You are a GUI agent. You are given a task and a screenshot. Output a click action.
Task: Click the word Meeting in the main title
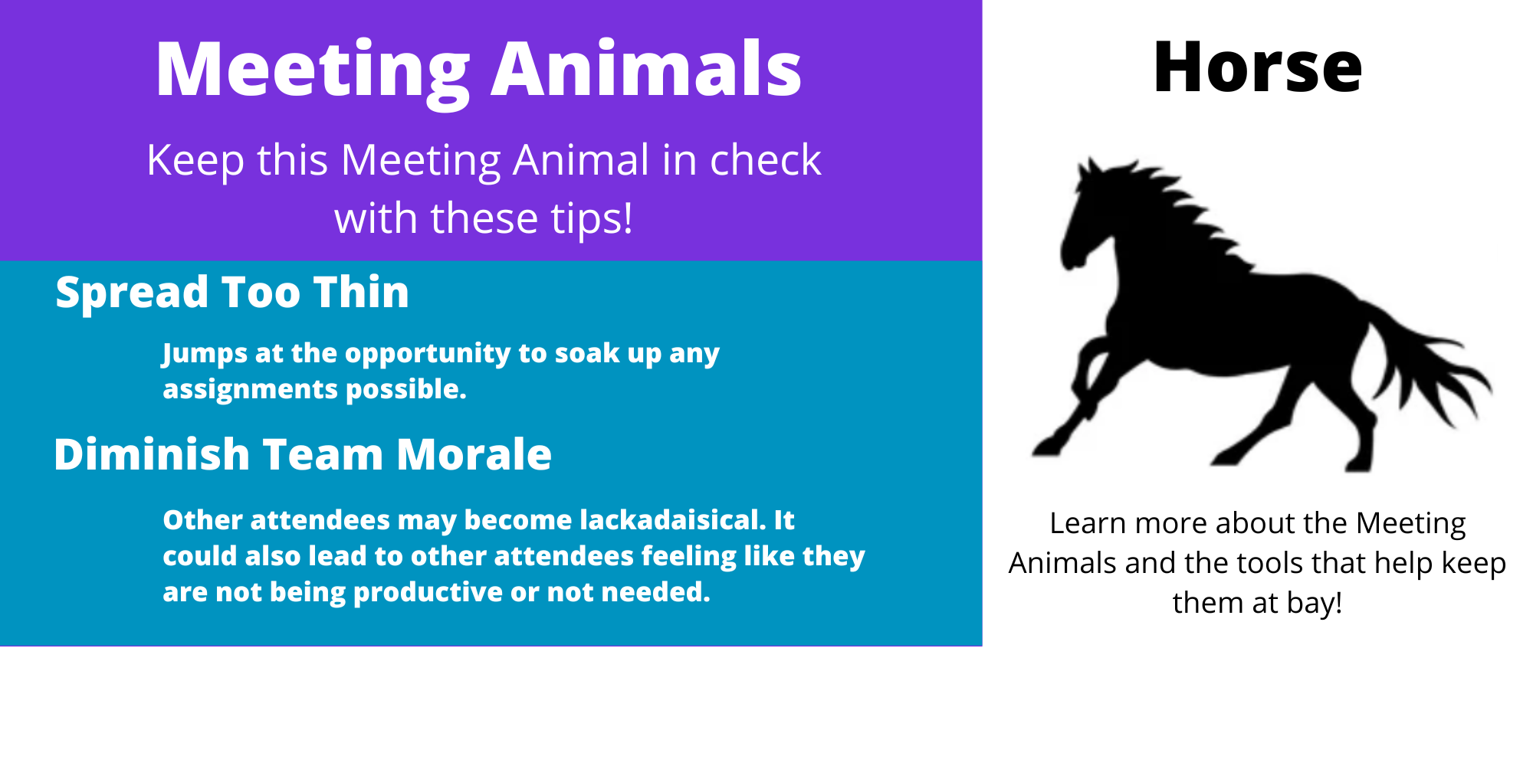313,70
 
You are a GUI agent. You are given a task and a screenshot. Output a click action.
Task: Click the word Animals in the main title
646,69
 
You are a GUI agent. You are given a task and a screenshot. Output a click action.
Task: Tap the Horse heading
1257,67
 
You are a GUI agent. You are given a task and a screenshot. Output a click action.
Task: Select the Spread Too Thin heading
232,292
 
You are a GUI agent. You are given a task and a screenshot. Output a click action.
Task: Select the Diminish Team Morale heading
303,454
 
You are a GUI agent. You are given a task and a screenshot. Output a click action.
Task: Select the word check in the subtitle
765,160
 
